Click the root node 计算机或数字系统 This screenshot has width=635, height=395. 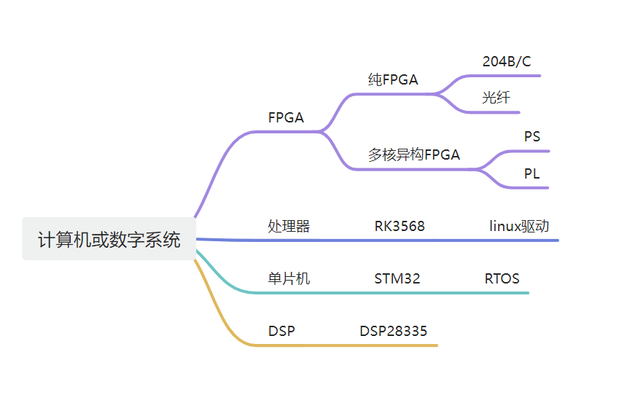tap(109, 239)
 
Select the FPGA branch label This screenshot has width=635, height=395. tap(286, 117)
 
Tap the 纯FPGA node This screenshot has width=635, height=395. tap(393, 80)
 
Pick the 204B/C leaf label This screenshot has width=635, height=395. tap(507, 62)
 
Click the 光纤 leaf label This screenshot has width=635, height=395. tap(496, 98)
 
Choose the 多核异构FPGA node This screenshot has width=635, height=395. tap(413, 155)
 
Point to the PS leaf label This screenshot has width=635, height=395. tap(532, 136)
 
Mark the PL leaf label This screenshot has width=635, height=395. tap(532, 174)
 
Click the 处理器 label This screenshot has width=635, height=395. tap(289, 226)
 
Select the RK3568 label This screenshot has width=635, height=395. tap(400, 226)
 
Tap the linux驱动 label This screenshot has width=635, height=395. tap(518, 226)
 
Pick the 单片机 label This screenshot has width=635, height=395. tap(289, 278)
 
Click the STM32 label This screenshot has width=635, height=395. tap(397, 278)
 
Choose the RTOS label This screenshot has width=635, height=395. tap(502, 278)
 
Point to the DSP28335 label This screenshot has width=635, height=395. tap(393, 331)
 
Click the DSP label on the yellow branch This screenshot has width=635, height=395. tap(281, 331)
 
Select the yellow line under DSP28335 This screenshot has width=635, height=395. tap(393, 345)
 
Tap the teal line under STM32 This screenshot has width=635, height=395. tap(397, 293)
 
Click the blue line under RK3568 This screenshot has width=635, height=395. tap(400, 240)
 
